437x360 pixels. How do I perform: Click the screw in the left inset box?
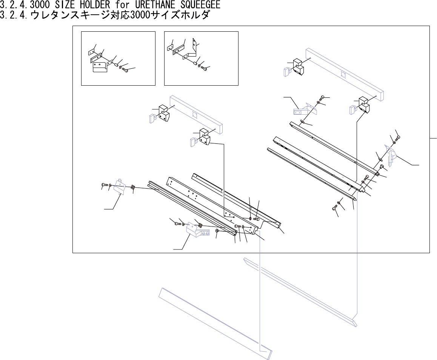pos(126,70)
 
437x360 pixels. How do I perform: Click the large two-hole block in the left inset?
pos(100,67)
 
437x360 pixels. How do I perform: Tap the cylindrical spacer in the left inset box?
pos(116,65)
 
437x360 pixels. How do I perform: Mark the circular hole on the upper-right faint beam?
pos(343,74)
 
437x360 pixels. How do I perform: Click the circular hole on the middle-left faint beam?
pos(195,114)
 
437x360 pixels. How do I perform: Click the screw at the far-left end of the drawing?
pos(104,185)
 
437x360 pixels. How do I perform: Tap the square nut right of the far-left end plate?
pos(133,187)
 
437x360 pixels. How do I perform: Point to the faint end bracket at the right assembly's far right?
pos(391,155)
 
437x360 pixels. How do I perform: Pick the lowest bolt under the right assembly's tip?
pos(334,208)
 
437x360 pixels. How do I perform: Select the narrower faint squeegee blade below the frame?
pos(300,291)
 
